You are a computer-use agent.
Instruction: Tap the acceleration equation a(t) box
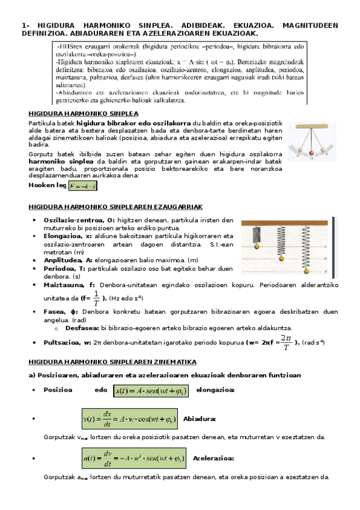(x=133, y=459)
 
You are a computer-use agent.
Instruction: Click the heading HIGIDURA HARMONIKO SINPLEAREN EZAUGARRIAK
(x=115, y=207)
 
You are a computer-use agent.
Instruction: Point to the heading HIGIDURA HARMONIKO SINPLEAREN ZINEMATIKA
(x=113, y=362)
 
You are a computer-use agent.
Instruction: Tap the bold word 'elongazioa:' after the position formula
(x=215, y=390)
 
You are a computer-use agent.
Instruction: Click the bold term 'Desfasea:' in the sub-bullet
(x=82, y=328)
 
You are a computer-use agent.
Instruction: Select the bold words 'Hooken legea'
(x=47, y=186)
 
